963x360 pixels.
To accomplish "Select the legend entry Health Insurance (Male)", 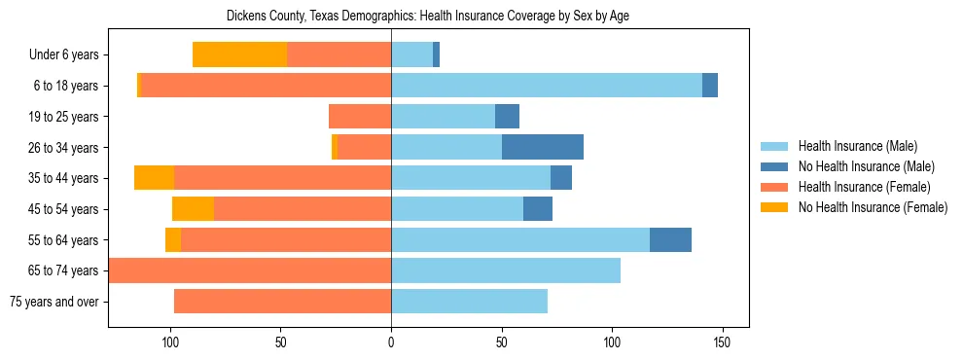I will [857, 146].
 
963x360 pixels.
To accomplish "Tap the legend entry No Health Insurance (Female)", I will [873, 207].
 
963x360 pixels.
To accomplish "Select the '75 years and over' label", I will [54, 302].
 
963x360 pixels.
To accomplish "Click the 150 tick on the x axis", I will [722, 342].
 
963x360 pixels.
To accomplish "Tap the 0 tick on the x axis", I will [391, 342].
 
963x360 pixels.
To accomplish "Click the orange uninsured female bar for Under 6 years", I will [239, 55].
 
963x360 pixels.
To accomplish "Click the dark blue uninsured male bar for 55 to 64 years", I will [670, 240].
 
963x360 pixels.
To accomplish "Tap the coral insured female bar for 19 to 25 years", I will [360, 117].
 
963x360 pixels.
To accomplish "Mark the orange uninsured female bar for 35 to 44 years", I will [154, 178].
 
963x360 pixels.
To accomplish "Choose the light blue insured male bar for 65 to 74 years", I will [506, 270].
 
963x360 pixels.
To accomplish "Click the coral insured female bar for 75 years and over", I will [282, 302].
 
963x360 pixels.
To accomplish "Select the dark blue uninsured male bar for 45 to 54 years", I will [538, 209].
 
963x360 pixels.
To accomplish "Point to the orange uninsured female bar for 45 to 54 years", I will [193, 209].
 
